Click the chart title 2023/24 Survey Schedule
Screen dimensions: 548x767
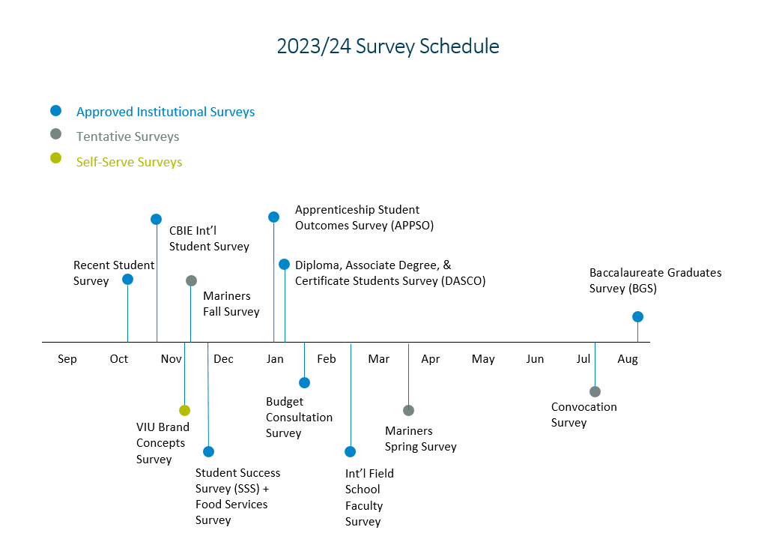click(388, 46)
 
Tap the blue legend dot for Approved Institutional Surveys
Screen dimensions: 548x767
click(55, 111)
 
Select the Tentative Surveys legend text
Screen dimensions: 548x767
click(127, 136)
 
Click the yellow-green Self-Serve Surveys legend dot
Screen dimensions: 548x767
click(55, 158)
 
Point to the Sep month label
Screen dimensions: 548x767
click(67, 359)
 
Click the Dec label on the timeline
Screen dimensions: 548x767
click(223, 359)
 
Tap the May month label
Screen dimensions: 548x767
click(483, 359)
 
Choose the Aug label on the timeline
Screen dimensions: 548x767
click(628, 359)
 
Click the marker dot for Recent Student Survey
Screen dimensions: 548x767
click(127, 279)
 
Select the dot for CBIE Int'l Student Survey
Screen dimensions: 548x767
click(156, 219)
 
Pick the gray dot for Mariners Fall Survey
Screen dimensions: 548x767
click(191, 280)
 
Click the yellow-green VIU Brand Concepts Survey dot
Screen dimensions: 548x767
click(184, 410)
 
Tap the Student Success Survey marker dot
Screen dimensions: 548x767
click(208, 451)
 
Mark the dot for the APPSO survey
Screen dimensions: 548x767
click(273, 217)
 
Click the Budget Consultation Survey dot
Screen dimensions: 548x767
click(304, 382)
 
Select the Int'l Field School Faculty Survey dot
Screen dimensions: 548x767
click(350, 451)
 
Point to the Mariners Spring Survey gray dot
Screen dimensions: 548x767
click(408, 410)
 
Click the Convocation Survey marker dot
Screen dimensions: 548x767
click(595, 391)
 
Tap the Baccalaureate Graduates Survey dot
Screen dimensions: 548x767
click(637, 316)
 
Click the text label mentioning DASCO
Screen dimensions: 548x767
click(390, 273)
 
